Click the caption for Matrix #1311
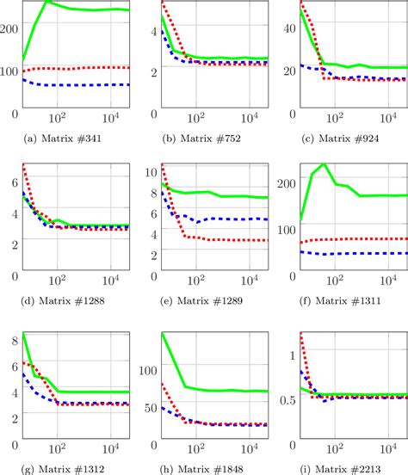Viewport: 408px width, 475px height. coord(343,301)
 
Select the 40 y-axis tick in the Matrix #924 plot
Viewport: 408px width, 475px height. coord(290,28)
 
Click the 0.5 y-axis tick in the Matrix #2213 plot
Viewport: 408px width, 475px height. coord(287,398)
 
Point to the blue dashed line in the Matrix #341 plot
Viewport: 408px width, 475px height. coord(77,84)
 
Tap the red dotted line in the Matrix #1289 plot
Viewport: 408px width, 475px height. coord(224,239)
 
